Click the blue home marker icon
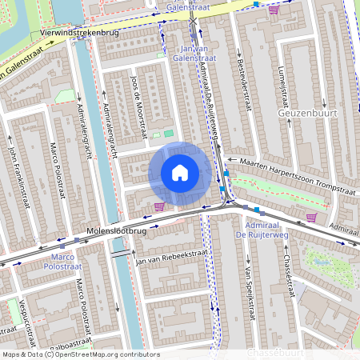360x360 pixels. click(180, 172)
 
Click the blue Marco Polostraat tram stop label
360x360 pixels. click(62, 262)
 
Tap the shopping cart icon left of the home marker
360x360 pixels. click(159, 206)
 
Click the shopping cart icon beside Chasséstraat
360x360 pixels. click(311, 217)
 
